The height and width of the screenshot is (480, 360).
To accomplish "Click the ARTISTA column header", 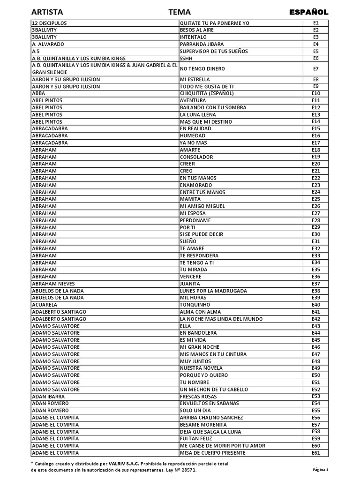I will click(47, 12).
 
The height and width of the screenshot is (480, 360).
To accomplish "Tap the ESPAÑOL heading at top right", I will click(308, 12).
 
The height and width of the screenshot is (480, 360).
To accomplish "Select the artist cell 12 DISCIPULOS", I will click(49, 23).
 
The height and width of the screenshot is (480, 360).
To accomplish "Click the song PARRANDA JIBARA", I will click(202, 44).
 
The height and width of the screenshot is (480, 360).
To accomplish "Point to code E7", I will click(315, 68).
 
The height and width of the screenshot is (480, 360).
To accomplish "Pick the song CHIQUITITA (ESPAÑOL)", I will click(207, 93).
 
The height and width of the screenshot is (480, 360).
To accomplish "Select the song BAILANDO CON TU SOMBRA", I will click(213, 107).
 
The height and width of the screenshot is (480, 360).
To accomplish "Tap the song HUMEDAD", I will click(193, 135).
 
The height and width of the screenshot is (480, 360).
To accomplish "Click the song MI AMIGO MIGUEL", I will click(202, 206).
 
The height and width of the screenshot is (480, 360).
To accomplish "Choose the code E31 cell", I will click(315, 241).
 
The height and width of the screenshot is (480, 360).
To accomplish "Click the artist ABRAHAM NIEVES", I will click(53, 284).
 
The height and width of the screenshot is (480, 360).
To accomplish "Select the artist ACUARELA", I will click(44, 305).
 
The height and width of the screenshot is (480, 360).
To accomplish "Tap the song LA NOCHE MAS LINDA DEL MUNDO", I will click(221, 319).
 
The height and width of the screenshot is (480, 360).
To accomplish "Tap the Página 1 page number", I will click(321, 470).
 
